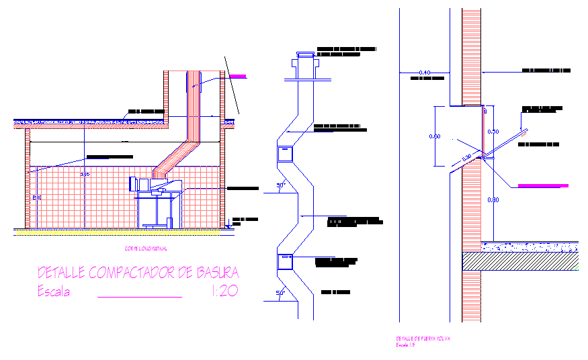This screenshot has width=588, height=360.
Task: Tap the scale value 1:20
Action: tap(224, 291)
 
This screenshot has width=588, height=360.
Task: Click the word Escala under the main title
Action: tap(54, 292)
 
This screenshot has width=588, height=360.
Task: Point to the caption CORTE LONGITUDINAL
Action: tap(146, 249)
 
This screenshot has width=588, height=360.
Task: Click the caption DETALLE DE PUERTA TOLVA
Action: tap(423, 339)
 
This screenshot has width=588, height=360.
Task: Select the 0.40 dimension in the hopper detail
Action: tap(424, 72)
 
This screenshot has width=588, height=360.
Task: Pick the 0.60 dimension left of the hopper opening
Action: tap(434, 137)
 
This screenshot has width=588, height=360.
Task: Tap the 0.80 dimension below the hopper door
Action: tap(493, 199)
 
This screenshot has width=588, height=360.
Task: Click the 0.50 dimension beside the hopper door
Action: tap(493, 131)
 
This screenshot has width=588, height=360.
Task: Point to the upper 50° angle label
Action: tap(282, 185)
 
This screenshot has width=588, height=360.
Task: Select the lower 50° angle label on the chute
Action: tap(281, 292)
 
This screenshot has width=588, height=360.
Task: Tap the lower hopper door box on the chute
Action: tap(286, 261)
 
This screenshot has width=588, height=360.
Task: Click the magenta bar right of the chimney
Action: tap(237, 77)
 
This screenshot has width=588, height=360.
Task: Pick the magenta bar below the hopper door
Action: tap(542, 185)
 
